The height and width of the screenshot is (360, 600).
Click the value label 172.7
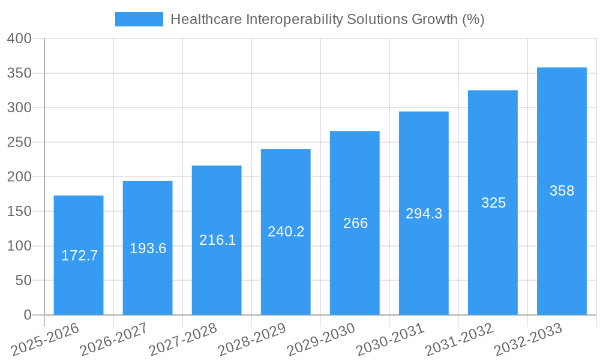coord(79,256)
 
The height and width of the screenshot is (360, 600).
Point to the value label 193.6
coord(148,248)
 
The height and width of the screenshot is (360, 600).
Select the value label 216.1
coord(217,241)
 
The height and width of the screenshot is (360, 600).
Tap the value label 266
coord(355,223)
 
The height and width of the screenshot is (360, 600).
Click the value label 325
coord(493,203)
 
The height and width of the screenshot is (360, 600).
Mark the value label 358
coord(562,191)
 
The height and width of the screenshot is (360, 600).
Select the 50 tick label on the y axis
coord(23,281)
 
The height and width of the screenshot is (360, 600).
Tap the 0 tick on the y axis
coord(27,315)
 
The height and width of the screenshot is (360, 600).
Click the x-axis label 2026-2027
coord(115,339)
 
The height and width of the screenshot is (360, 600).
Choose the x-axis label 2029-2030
coord(322,339)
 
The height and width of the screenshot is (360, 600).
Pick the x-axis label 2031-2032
coord(460,339)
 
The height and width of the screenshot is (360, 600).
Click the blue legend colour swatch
coord(139,19)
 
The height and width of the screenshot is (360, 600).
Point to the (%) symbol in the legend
coord(473,19)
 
